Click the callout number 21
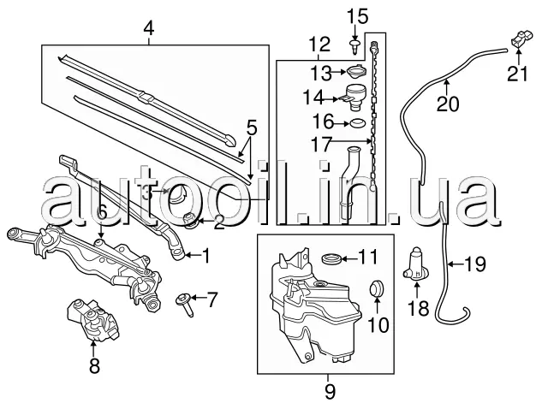pyautogui.click(x=517, y=74)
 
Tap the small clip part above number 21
pyautogui.click(x=521, y=39)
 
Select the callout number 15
pyautogui.click(x=358, y=17)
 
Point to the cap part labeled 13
pyautogui.click(x=357, y=72)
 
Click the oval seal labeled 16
pyautogui.click(x=357, y=123)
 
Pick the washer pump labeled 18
pyautogui.click(x=416, y=264)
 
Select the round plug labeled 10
pyautogui.click(x=377, y=287)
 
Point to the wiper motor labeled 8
pyautogui.click(x=92, y=320)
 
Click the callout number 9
pyautogui.click(x=329, y=391)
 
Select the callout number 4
pyautogui.click(x=149, y=28)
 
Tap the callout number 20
pyautogui.click(x=447, y=104)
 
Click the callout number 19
pyautogui.click(x=474, y=264)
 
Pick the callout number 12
pyautogui.click(x=319, y=44)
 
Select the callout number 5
pyautogui.click(x=251, y=127)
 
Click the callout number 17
pyautogui.click(x=321, y=145)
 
